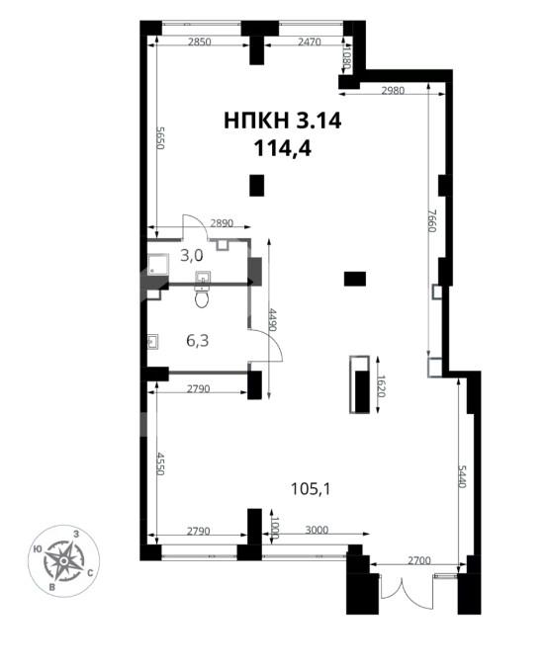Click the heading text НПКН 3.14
(283, 121)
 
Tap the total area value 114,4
(283, 149)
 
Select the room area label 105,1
(311, 489)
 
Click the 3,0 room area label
(192, 256)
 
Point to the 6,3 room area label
(198, 341)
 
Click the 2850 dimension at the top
(200, 42)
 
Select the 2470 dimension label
(310, 42)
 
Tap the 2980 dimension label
(393, 91)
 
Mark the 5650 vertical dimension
(160, 137)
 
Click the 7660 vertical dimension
(431, 220)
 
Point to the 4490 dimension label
(272, 320)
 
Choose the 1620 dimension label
(381, 386)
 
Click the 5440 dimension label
(462, 476)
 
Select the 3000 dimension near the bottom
(317, 530)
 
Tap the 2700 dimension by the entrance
(418, 560)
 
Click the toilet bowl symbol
(202, 297)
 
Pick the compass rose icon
(63, 560)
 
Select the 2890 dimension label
(222, 223)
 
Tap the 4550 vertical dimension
(160, 463)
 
